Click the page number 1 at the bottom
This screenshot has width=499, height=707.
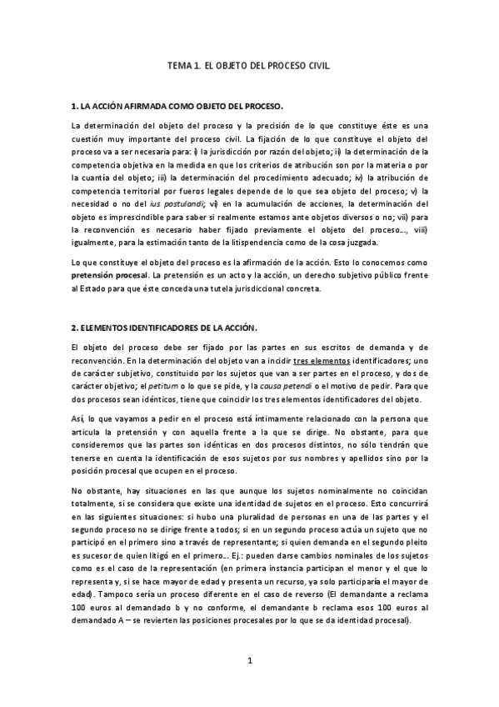(x=249, y=661)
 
